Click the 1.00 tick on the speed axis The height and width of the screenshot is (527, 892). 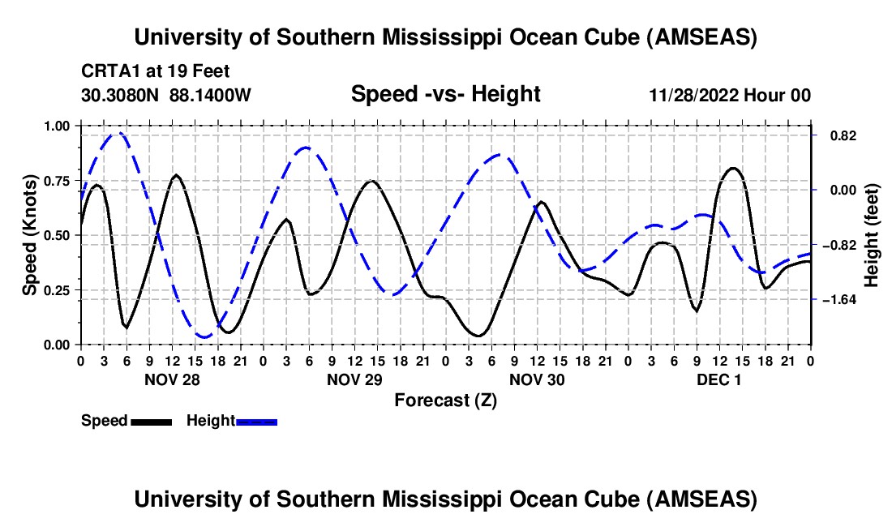coord(57,126)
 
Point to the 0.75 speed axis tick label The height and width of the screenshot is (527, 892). coord(57,181)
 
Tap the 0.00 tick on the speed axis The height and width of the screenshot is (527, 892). coord(57,345)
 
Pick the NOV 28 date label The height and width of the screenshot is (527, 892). coord(172,379)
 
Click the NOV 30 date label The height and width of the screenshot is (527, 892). coord(537,379)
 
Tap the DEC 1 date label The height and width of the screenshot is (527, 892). coord(719,379)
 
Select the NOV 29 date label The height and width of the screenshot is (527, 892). coord(354,379)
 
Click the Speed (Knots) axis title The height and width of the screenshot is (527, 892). coord(30,235)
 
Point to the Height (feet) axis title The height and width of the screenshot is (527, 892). coord(872,235)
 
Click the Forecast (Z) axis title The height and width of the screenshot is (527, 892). coord(445,400)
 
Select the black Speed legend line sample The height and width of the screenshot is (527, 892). coord(151,421)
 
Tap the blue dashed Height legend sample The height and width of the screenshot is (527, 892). coord(257,421)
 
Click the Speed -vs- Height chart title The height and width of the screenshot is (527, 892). coord(445,94)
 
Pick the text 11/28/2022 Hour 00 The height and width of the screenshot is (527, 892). coord(730,96)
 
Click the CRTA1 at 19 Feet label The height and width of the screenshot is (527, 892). coord(155,71)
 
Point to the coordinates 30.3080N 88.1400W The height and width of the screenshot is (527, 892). coord(166,96)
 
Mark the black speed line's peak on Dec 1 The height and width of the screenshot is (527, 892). coord(733,168)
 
